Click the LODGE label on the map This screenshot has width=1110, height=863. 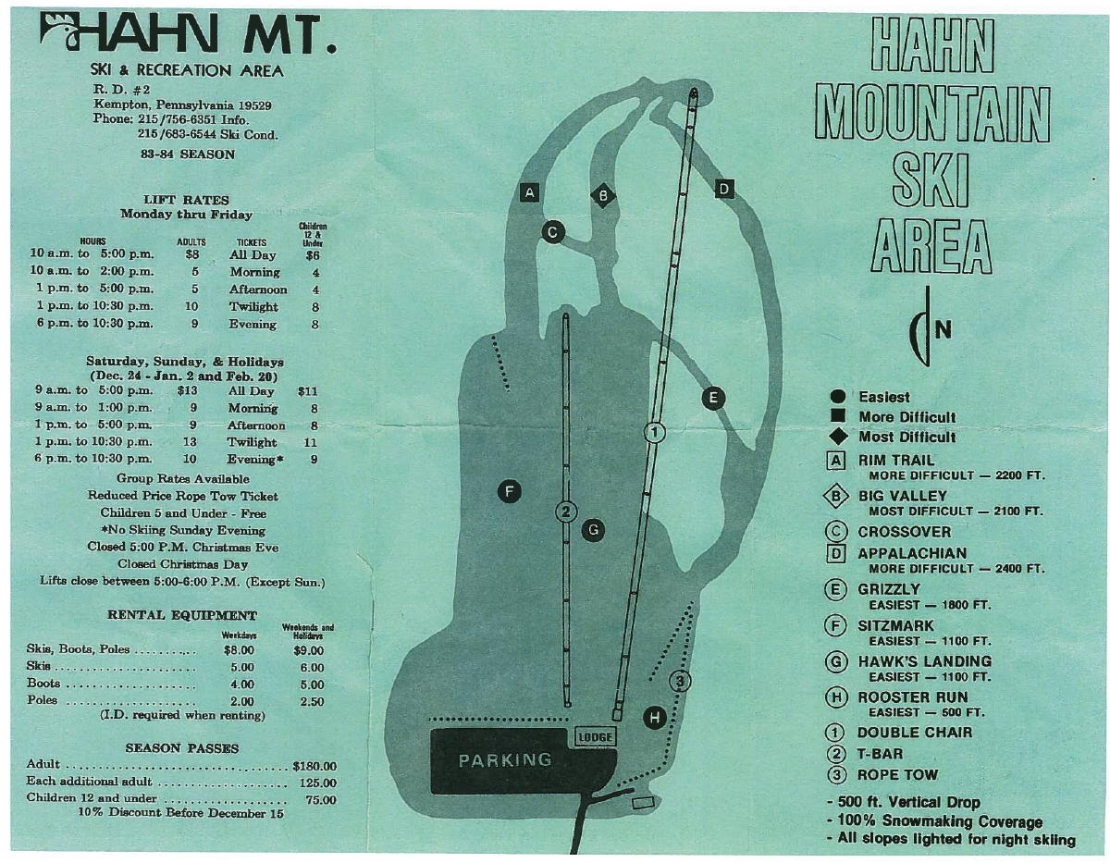tap(596, 737)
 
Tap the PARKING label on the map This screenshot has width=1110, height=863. tap(505, 761)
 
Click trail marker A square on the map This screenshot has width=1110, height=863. tap(530, 193)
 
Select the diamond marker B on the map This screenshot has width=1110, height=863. tap(603, 195)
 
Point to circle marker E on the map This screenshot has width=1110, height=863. tap(713, 399)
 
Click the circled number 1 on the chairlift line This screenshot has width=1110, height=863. tap(654, 433)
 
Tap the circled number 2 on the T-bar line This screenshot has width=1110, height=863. tap(565, 512)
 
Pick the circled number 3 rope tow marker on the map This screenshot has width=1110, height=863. tap(680, 681)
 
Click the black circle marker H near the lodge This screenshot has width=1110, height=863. tap(654, 718)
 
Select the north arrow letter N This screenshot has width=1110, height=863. tap(943, 331)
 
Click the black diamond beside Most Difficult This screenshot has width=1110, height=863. tap(838, 438)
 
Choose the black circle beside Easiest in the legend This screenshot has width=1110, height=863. tap(838, 397)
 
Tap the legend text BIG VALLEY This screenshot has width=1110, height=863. tap(903, 496)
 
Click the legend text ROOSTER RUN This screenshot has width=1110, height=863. tap(912, 697)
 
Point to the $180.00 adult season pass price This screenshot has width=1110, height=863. tap(314, 766)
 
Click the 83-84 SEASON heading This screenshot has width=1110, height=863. tap(188, 154)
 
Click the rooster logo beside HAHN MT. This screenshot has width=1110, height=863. tap(60, 31)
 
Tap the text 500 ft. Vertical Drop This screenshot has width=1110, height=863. tap(907, 802)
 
